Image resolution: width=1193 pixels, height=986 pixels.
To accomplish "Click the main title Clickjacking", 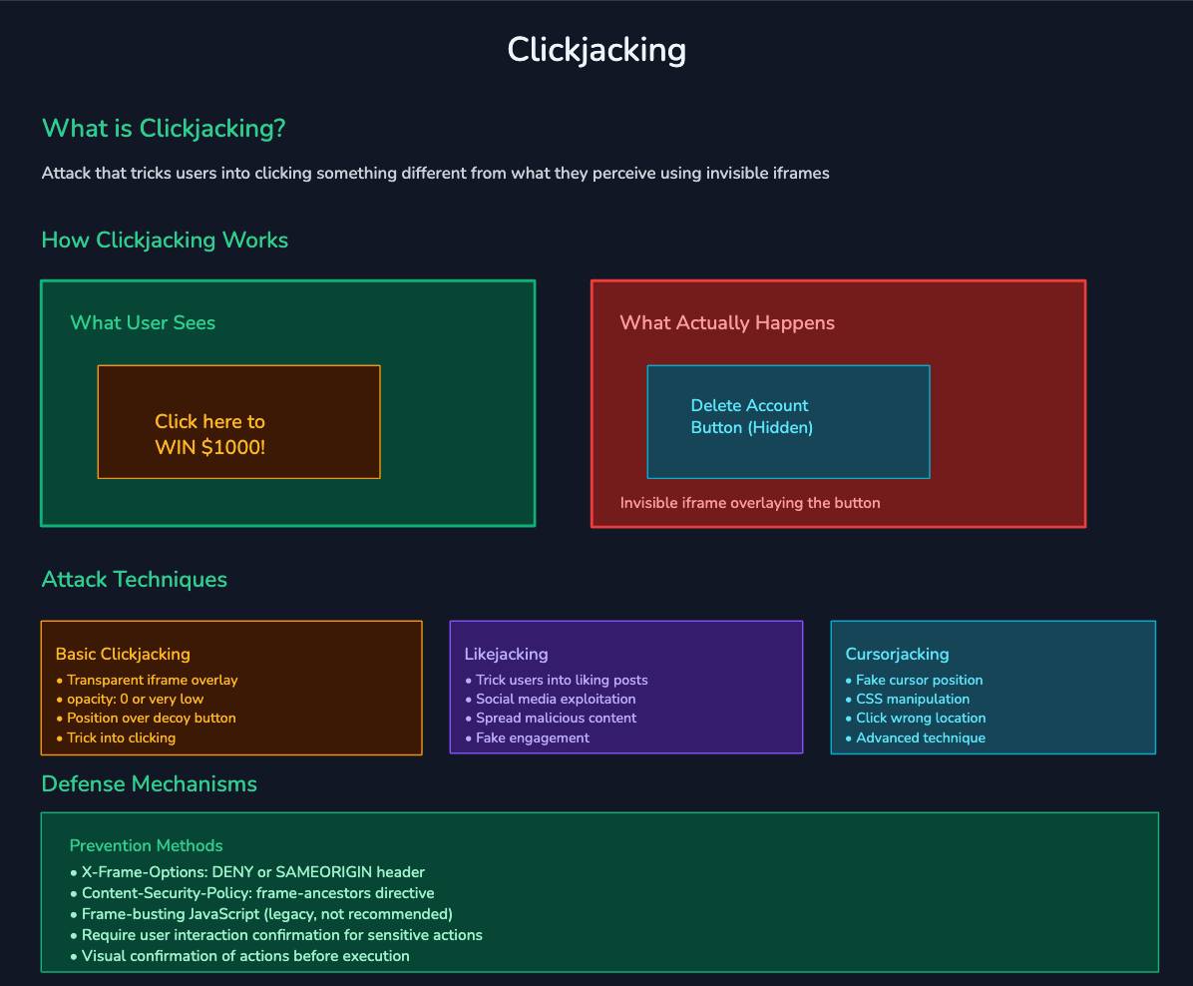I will pos(596,50).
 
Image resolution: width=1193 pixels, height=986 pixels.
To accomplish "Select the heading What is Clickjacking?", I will pos(164,129).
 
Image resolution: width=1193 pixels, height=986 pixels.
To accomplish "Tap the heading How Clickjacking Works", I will pos(165,241).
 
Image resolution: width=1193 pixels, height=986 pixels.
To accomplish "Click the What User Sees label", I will pos(143,322).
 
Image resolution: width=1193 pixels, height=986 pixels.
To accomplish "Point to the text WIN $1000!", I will pos(210,447).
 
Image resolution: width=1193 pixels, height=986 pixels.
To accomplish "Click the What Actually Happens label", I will pos(727,322).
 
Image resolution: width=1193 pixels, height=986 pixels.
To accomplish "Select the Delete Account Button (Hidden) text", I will pos(751,416).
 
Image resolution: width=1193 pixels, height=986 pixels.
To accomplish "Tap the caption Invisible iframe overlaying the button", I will pos(750,503).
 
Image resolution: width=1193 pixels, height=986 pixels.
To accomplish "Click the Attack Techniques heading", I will pos(135,580).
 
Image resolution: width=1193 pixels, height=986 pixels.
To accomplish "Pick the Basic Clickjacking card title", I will pos(123,655).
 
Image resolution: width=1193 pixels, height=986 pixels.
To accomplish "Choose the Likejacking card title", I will pos(506,655).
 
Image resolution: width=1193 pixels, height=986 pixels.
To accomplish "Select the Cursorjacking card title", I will pos(897,655).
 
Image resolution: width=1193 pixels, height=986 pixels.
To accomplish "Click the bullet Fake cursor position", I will pos(919,680).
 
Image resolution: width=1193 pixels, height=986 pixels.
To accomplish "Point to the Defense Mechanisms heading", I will pos(150,784).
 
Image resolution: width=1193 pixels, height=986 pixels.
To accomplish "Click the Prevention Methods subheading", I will pos(147,846).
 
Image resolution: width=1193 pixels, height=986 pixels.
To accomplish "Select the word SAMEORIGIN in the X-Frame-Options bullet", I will pos(323,872).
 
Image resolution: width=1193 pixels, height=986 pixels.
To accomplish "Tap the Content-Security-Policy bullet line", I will pos(257,893).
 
